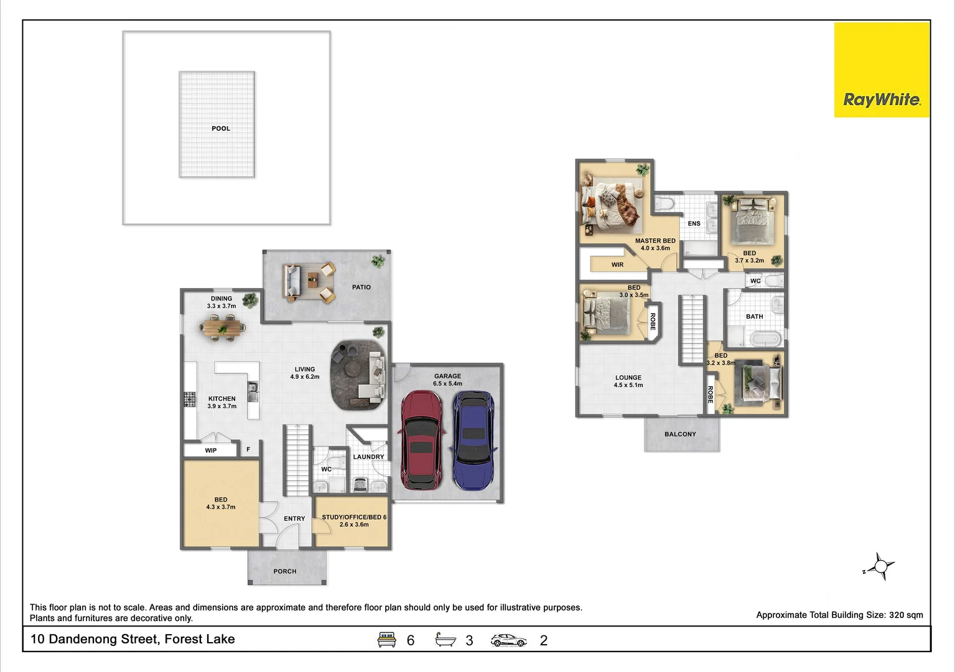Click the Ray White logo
(881, 70)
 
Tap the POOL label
(221, 129)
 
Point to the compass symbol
(881, 566)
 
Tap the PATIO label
(361, 287)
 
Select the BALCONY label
(680, 434)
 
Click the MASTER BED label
(655, 241)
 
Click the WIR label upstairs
(617, 265)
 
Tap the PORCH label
(285, 571)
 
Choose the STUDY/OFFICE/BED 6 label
(354, 517)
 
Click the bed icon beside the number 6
(387, 640)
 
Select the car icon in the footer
(508, 640)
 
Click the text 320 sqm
(906, 615)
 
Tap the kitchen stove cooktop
(190, 399)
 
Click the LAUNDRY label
(368, 457)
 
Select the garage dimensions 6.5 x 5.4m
(447, 384)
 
